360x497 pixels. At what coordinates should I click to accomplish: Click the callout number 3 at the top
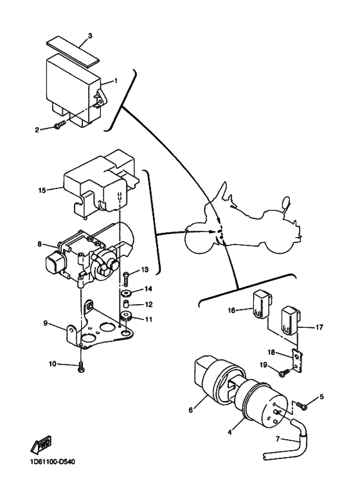click(90, 36)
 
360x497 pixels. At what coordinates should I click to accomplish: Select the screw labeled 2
click(59, 125)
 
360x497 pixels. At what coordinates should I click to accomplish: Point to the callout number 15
click(42, 190)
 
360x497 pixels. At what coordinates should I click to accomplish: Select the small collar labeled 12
click(127, 304)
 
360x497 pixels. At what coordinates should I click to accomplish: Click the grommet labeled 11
click(126, 318)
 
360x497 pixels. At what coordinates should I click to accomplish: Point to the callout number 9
click(46, 323)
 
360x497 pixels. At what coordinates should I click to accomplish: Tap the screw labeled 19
click(283, 372)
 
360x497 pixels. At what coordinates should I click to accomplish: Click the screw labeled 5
click(301, 406)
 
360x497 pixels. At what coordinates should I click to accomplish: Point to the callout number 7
click(278, 439)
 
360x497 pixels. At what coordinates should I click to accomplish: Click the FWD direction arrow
click(40, 444)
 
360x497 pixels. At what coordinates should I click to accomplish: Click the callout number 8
click(40, 244)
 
